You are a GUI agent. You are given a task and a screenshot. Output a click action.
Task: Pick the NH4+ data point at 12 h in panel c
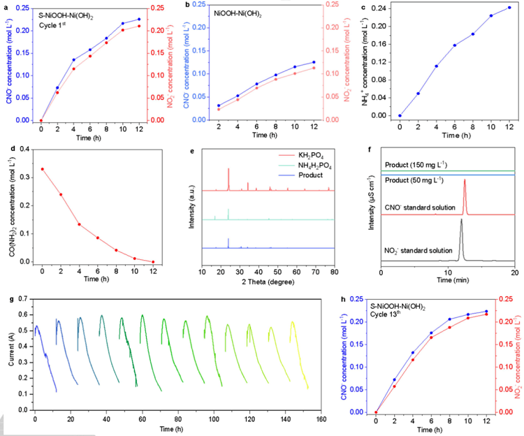coord(509,8)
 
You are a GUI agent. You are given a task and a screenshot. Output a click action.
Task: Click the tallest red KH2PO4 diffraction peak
coord(228,170)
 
